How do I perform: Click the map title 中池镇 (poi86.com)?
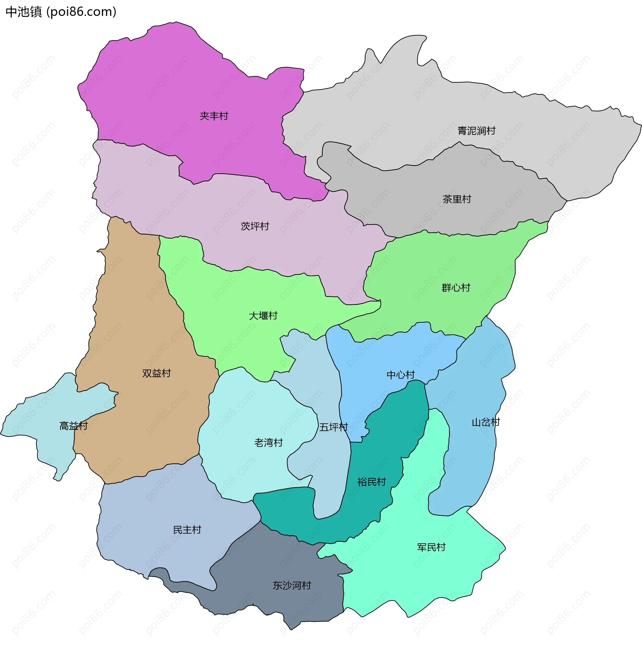click(61, 12)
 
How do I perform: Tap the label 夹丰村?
click(214, 116)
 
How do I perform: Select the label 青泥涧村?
click(476, 131)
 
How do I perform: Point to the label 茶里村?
click(456, 199)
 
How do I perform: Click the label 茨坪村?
click(255, 226)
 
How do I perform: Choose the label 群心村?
click(456, 288)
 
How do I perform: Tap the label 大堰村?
click(263, 316)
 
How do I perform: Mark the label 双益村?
click(156, 373)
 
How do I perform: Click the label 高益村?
click(74, 426)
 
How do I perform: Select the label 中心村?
click(401, 375)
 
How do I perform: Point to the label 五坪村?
click(333, 427)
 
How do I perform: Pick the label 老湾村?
click(269, 442)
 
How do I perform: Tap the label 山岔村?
click(486, 422)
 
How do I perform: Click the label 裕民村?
click(371, 482)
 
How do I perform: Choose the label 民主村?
click(187, 529)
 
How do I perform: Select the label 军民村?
click(431, 547)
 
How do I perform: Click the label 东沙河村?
click(292, 585)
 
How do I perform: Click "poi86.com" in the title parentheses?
click(81, 12)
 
